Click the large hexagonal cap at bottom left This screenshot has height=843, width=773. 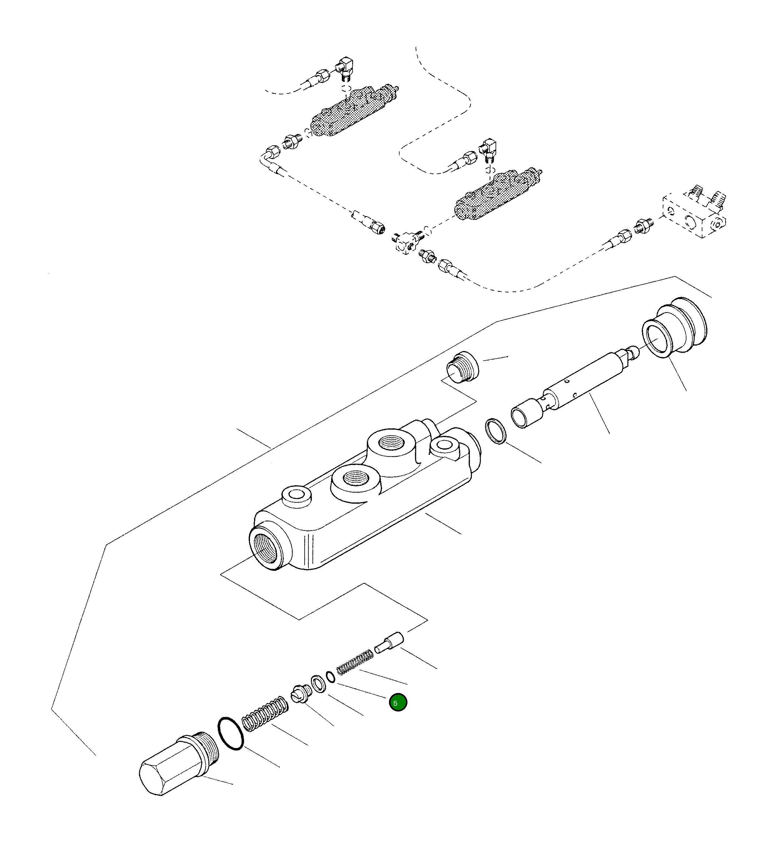[176, 766]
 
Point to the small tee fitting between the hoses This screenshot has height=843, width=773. [408, 243]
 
